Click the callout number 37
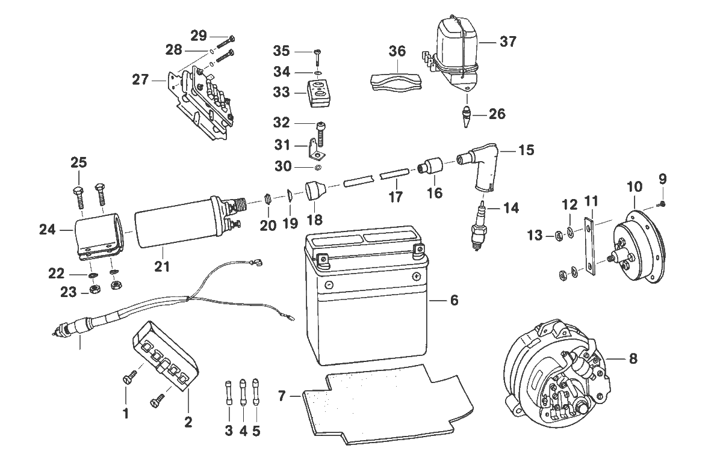508,41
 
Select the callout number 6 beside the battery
454,300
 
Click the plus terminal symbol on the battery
416,276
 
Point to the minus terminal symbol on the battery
329,285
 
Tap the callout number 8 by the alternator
633,359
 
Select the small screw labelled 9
662,204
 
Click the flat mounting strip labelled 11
589,246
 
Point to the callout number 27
140,79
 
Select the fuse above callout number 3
229,393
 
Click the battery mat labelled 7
387,405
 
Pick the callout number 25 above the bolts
79,162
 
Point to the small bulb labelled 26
466,117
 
